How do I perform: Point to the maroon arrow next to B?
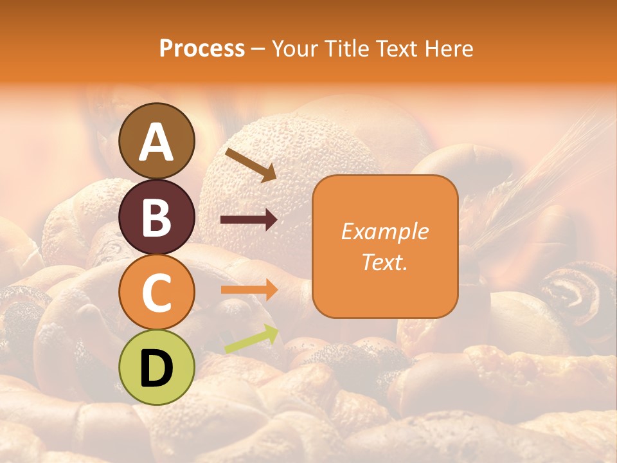249,220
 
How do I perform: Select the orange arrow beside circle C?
249,289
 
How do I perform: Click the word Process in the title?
202,48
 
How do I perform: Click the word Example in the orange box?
384,232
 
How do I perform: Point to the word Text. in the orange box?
384,262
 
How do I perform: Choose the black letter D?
157,368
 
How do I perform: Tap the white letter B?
157,217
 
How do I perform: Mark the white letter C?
157,293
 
